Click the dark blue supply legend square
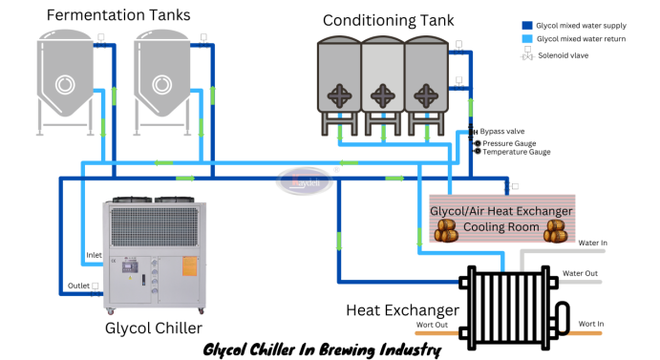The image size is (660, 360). pyautogui.click(x=526, y=26)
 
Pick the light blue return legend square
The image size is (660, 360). pyautogui.click(x=526, y=40)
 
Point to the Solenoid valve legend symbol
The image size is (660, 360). pyautogui.click(x=526, y=55)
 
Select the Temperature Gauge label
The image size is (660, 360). pyautogui.click(x=516, y=152)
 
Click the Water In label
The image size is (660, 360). pyautogui.click(x=592, y=243)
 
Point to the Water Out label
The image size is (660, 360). pyautogui.click(x=580, y=273)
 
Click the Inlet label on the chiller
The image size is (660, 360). pyautogui.click(x=95, y=255)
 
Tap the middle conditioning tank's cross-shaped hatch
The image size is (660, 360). pyautogui.click(x=383, y=94)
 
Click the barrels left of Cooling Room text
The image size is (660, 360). pyautogui.click(x=446, y=229)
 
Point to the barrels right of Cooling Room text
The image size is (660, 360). pyautogui.click(x=555, y=229)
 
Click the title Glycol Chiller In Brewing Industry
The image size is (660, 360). pyautogui.click(x=322, y=349)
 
